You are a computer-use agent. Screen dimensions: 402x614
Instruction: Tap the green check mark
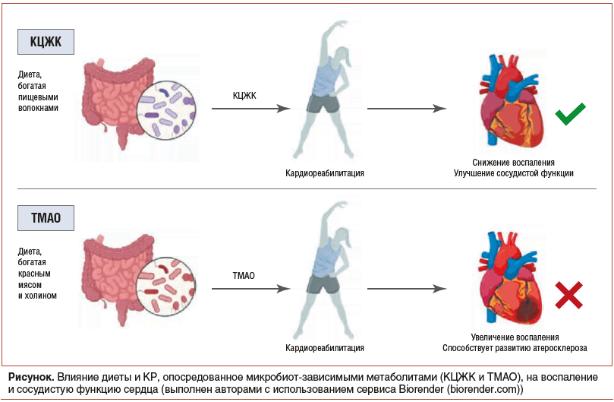point(569,116)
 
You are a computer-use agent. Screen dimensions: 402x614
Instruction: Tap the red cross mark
point(568,295)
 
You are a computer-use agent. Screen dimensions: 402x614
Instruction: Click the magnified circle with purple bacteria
point(166,109)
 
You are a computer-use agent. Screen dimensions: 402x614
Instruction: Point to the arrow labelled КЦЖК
point(250,109)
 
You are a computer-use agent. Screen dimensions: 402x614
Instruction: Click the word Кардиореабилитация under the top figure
point(324,173)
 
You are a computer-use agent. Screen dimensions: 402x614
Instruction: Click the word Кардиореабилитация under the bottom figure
point(324,348)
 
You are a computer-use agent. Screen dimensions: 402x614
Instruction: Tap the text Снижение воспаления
point(513,163)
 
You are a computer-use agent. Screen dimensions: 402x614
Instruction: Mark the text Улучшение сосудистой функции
point(513,173)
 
